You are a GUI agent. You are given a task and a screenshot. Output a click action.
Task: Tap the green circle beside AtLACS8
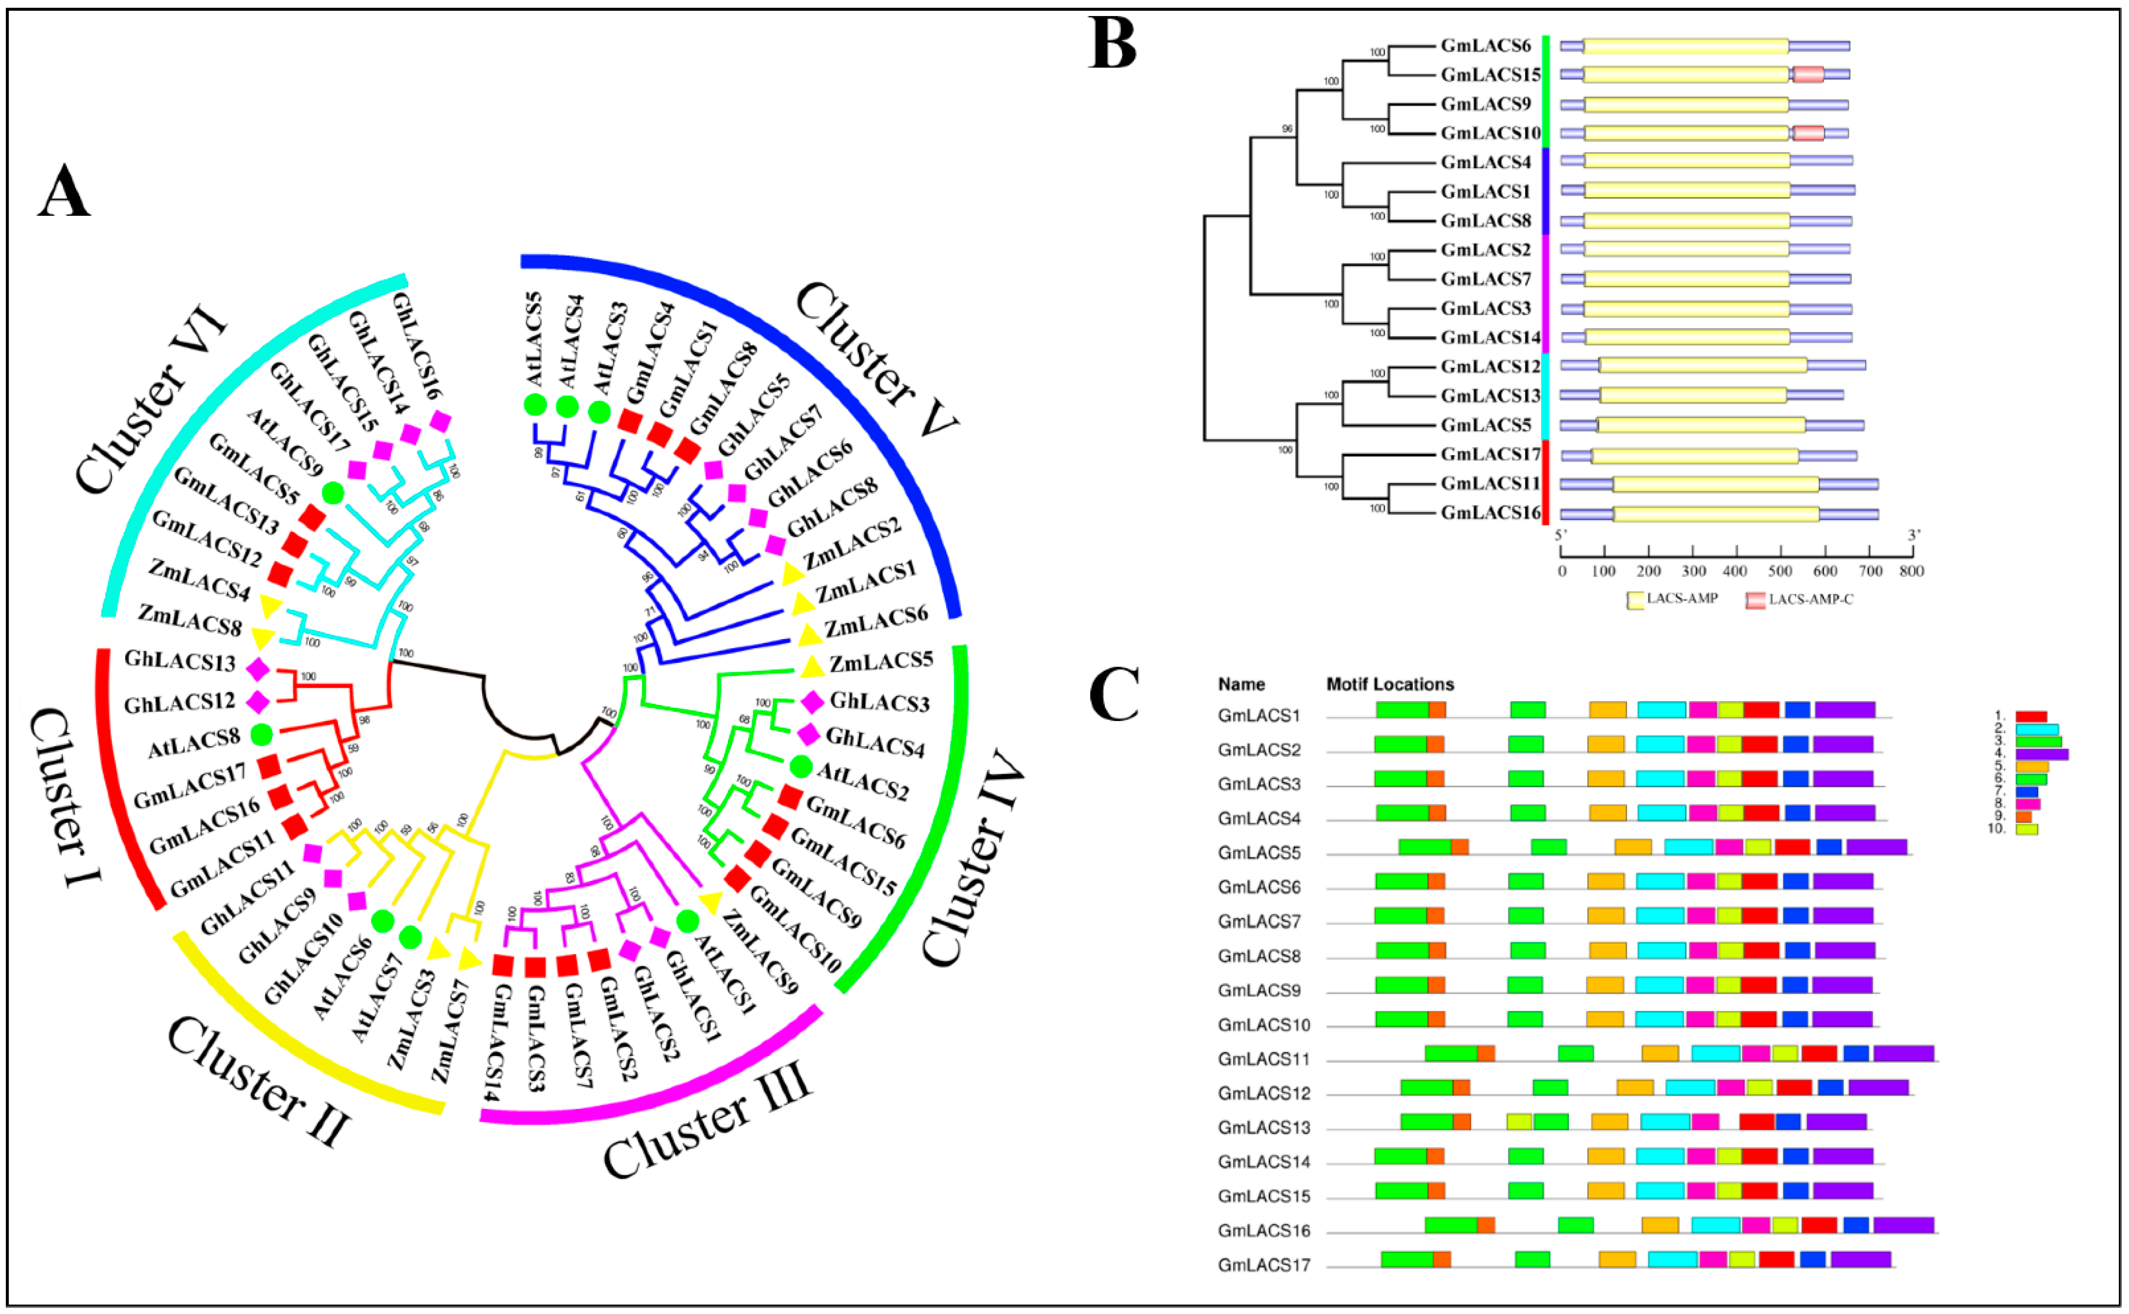pos(261,735)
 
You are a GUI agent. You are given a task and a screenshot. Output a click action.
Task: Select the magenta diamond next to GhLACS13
pos(257,669)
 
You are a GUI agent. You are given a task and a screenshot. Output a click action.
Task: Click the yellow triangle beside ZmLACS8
pos(261,639)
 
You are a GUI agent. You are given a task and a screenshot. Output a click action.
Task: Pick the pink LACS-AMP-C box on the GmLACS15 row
pos(1808,75)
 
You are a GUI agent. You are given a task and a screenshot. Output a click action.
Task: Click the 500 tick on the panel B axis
pos(1780,571)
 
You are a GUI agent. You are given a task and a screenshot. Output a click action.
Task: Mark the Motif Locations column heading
pos(1389,684)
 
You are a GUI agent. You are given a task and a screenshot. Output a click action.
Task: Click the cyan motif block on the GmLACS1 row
pos(1661,710)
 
